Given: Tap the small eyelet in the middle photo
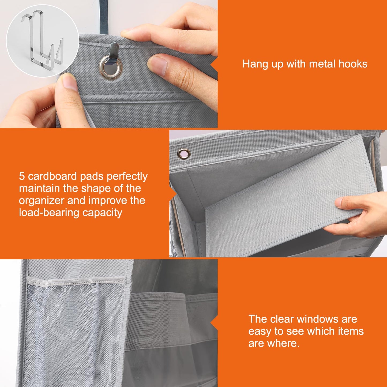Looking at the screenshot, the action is [x=183, y=154].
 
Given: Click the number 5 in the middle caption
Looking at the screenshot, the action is [x=22, y=176].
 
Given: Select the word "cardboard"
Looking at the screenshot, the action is [x=52, y=176].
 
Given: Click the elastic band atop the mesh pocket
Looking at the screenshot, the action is [x=76, y=281].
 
